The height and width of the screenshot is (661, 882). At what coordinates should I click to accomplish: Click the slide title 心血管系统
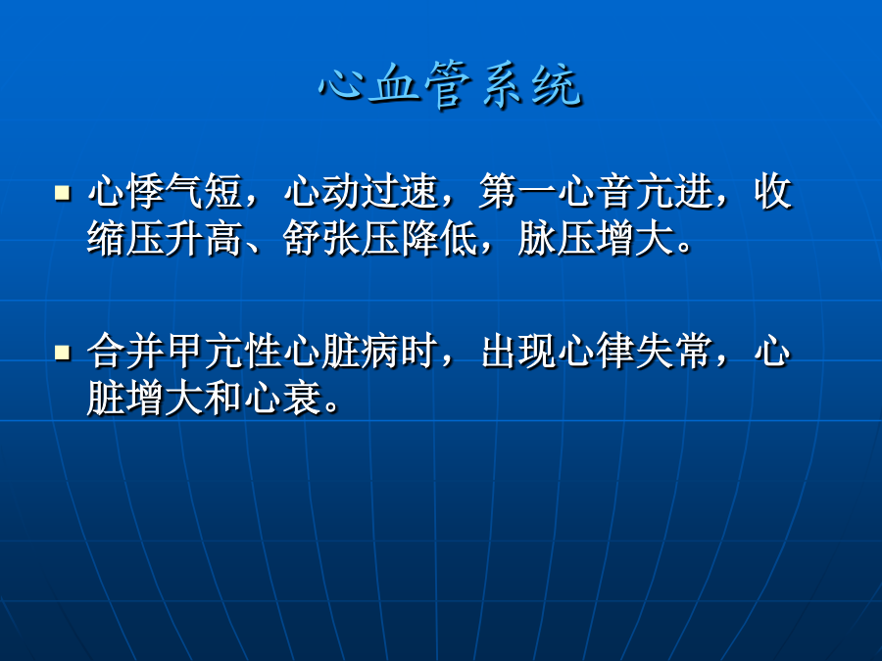pos(450,85)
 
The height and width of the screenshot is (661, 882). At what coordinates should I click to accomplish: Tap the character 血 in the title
pos(394,85)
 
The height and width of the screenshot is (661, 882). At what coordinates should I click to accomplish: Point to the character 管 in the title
pos(448,85)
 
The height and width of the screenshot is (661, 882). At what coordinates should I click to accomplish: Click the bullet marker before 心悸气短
pos(63,193)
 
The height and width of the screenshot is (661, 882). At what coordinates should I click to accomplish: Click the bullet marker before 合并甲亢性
pos(63,353)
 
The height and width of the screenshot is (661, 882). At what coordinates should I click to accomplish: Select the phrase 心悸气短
pos(165,191)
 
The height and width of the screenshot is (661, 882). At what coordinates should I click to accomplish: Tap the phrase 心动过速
pos(361,191)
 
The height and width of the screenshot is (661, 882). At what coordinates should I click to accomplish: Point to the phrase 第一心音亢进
pos(596,191)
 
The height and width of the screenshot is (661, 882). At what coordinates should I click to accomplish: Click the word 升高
pos(204,239)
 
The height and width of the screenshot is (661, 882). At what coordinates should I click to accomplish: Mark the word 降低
pos(439,239)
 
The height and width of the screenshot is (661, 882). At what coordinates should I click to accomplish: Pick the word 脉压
pos(557,239)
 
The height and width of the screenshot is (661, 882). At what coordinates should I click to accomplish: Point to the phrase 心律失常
pos(635,352)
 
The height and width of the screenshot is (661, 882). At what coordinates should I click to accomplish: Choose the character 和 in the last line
pos(223,398)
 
